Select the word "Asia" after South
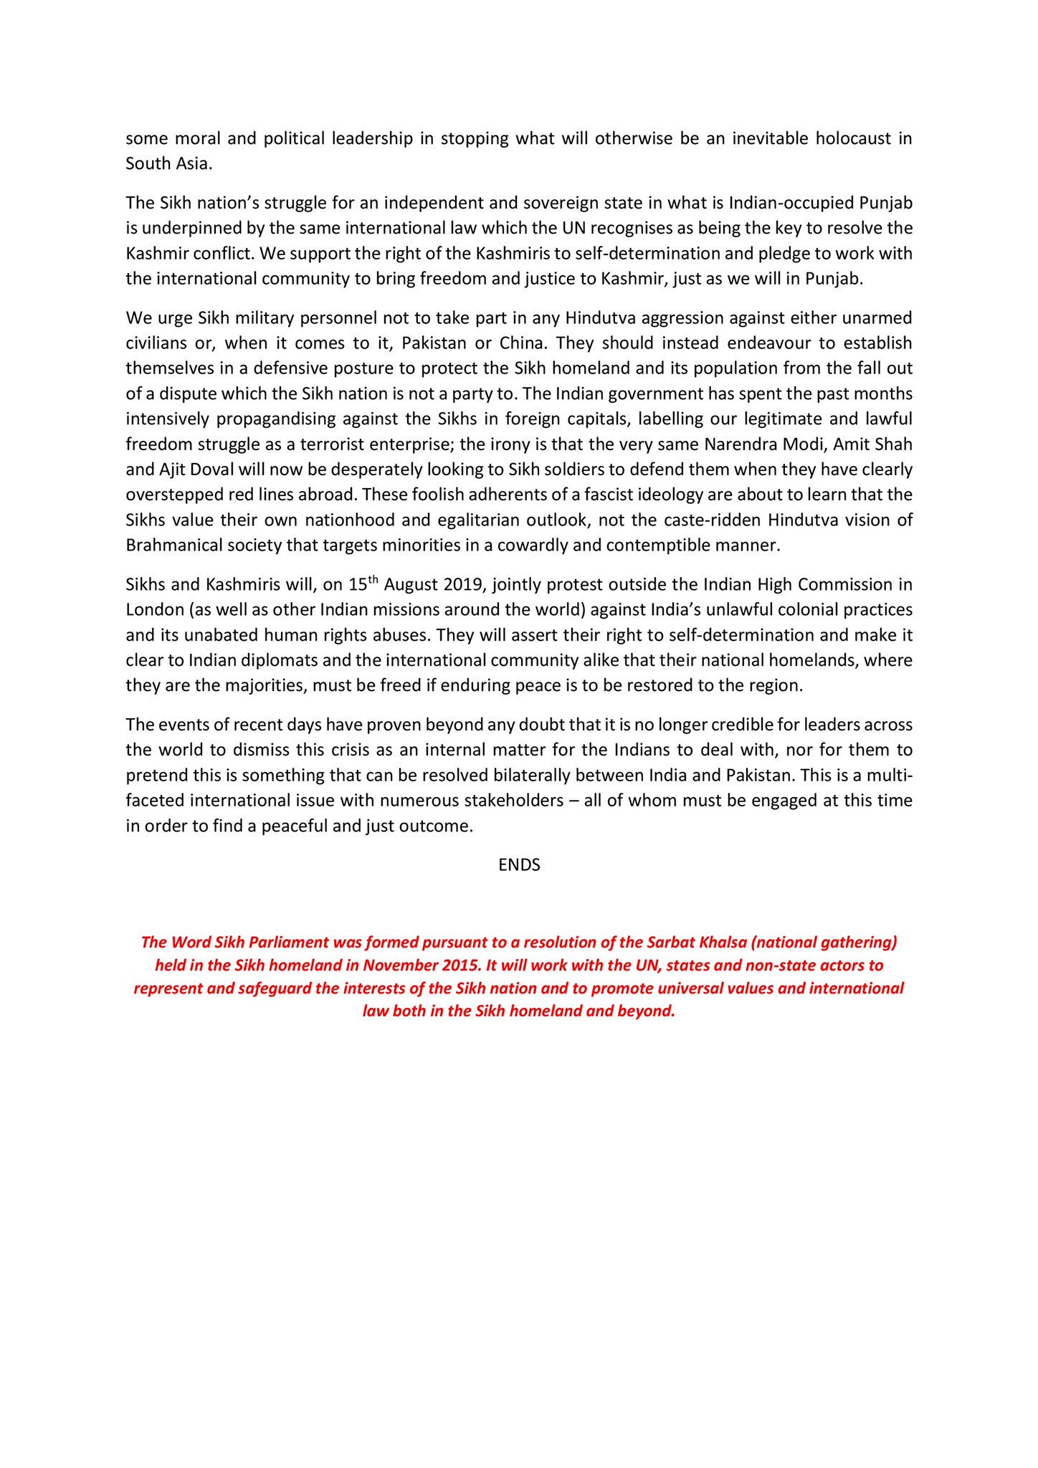(x=191, y=163)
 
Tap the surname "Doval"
(x=206, y=470)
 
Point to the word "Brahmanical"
(x=170, y=545)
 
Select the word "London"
(x=151, y=610)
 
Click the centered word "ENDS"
(x=519, y=865)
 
